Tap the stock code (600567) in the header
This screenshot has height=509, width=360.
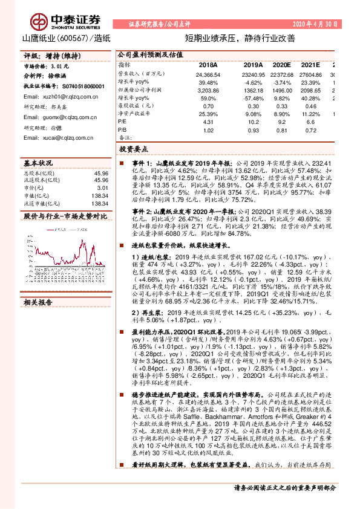[71, 38]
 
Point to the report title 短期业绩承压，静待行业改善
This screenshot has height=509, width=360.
[239, 38]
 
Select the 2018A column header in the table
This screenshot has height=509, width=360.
[208, 64]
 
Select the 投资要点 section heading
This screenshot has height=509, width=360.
[134, 149]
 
